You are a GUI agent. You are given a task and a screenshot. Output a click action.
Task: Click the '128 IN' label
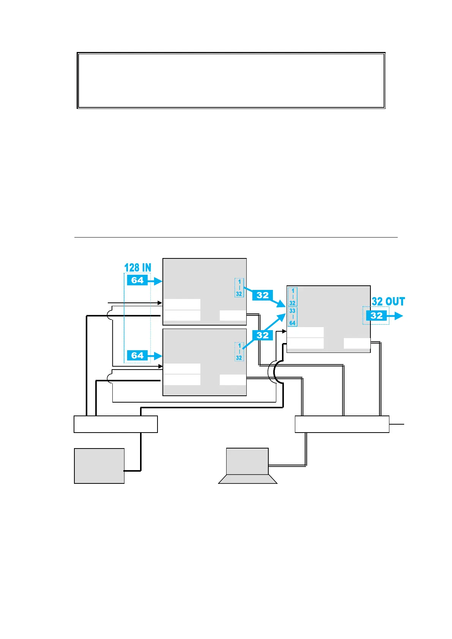click(x=137, y=268)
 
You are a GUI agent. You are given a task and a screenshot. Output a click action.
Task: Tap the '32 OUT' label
click(x=388, y=302)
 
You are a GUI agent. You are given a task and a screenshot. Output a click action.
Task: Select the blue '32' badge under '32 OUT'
click(x=376, y=316)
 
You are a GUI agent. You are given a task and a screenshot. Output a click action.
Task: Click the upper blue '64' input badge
click(x=137, y=280)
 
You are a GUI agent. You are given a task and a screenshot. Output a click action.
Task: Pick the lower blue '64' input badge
click(x=137, y=356)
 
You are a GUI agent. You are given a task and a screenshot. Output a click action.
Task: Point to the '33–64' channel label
click(x=292, y=317)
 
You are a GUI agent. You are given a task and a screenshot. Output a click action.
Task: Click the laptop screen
click(x=247, y=461)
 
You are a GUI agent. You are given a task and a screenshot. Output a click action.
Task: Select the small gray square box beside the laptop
click(x=99, y=466)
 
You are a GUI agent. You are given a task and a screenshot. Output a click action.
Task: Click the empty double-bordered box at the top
click(x=231, y=80)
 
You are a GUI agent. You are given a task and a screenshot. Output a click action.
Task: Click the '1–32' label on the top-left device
click(x=239, y=288)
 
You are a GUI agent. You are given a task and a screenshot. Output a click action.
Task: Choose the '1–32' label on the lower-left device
click(x=239, y=352)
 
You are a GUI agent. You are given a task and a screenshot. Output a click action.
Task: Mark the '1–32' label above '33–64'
click(x=293, y=297)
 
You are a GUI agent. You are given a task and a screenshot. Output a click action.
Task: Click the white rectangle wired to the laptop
click(x=342, y=424)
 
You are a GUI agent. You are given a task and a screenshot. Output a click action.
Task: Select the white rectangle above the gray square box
click(x=115, y=424)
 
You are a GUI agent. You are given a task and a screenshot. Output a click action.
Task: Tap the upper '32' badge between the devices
click(x=263, y=295)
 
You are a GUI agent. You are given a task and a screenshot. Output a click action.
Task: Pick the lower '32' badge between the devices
click(x=263, y=335)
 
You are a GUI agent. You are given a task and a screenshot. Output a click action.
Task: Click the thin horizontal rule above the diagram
click(x=235, y=237)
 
